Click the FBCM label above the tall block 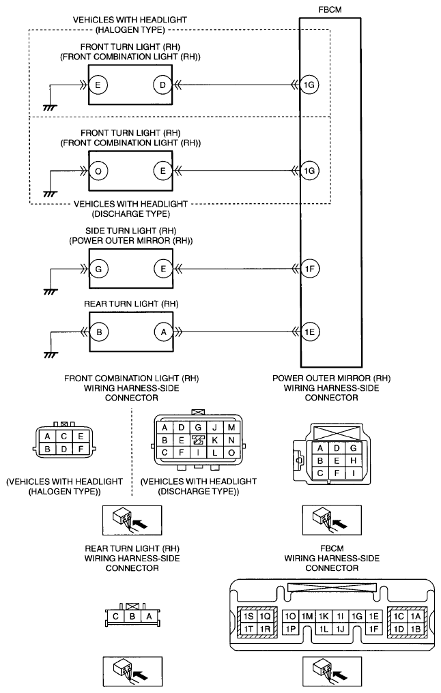coord(330,10)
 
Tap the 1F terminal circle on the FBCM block coord(309,268)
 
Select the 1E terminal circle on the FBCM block coord(309,331)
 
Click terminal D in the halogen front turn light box coord(162,85)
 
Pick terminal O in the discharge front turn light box coord(98,171)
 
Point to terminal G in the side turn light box coord(98,269)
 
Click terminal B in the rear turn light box coord(98,332)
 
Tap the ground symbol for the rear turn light coord(51,355)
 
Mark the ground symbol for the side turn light coord(51,292)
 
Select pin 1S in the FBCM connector coord(248,617)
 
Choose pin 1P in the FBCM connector coord(290,629)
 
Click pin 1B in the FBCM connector coord(415,629)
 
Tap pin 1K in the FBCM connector coord(324,617)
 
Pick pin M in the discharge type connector coord(231,428)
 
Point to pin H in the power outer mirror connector coord(352,460)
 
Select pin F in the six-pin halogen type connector coord(80,449)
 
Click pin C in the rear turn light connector coord(115,617)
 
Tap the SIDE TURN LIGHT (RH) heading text coord(130,231)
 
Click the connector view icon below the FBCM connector coord(332,672)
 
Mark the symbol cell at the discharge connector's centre coord(198,440)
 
